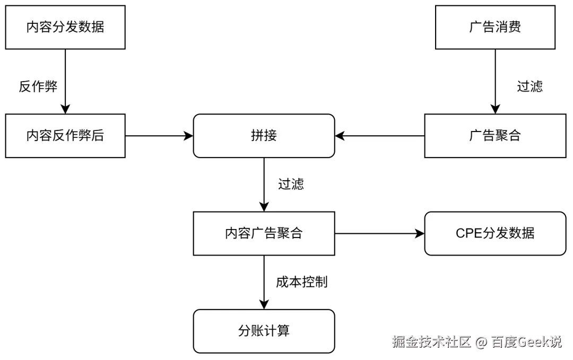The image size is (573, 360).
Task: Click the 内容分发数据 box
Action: coord(65,27)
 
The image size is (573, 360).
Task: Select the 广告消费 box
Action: coord(495,27)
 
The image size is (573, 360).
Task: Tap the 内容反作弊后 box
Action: coord(65,136)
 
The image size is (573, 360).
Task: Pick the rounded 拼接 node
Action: coord(264,136)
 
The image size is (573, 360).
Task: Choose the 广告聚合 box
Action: coord(495,136)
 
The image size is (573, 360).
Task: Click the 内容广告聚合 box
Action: coord(264,233)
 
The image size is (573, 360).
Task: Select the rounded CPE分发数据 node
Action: coord(495,233)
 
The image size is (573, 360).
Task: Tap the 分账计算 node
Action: coord(264,331)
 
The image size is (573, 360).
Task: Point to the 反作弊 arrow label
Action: coord(38,86)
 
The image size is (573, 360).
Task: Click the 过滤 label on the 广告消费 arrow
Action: coord(529,86)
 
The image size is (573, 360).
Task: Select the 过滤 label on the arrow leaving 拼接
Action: coord(291,184)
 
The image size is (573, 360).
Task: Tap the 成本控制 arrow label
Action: coord(301,282)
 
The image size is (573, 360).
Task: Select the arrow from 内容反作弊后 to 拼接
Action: coord(159,136)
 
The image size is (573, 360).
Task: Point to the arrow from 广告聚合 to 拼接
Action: coord(380,136)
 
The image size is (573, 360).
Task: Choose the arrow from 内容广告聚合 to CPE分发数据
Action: coord(380,233)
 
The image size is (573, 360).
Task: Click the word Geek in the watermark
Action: coord(532,342)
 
